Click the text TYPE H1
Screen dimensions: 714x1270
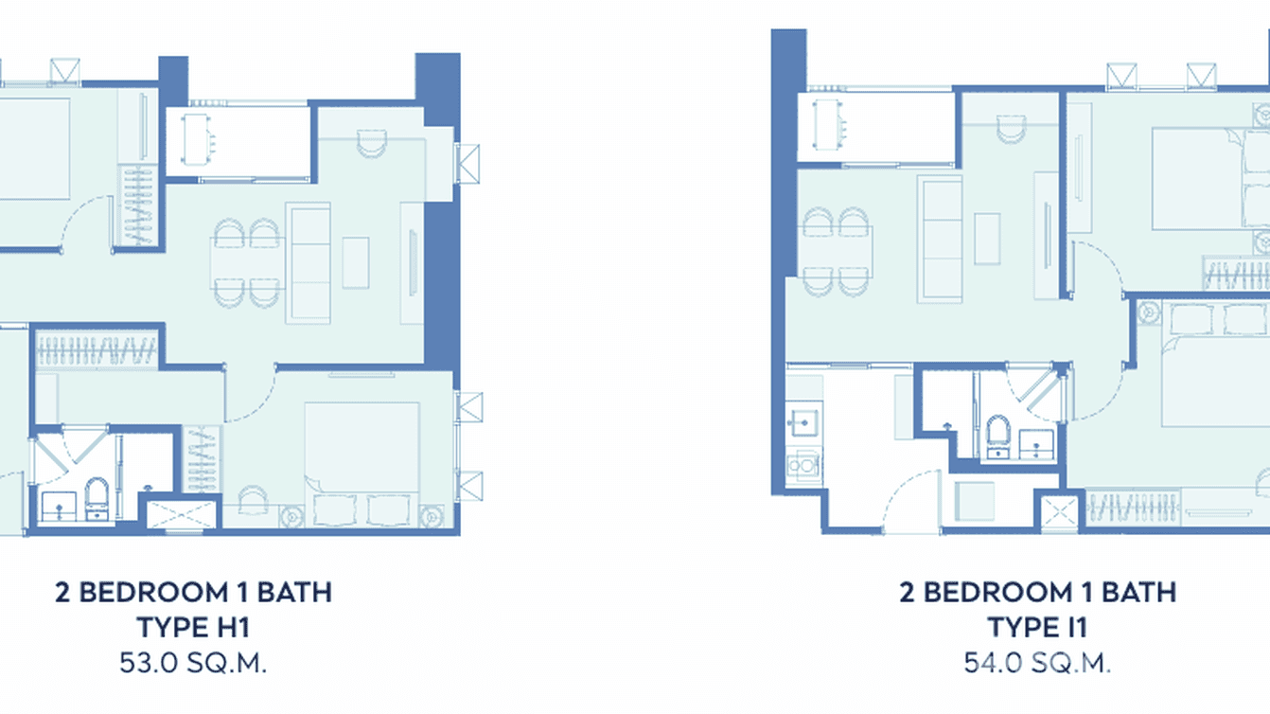point(193,627)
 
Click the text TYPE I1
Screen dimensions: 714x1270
point(1037,627)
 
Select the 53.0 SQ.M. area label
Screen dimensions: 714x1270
point(193,662)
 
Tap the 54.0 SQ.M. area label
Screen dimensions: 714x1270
point(1037,662)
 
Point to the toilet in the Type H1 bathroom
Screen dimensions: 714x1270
point(97,495)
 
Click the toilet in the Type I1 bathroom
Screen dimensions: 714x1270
point(998,436)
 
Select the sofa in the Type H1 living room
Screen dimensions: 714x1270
point(309,262)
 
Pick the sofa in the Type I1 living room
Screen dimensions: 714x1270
point(941,238)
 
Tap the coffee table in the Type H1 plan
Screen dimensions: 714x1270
point(356,262)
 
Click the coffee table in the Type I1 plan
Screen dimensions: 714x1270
point(987,238)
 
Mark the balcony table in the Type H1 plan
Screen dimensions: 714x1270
point(196,140)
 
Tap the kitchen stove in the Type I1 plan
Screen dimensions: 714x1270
point(803,464)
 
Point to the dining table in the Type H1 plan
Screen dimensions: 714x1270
point(247,262)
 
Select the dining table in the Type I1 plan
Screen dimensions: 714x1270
point(837,250)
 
